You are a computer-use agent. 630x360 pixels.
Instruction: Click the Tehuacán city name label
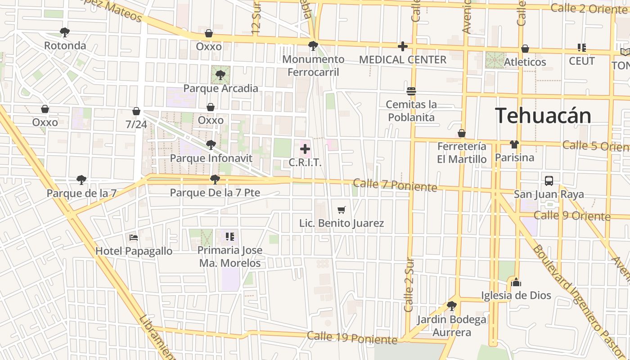pos(543,116)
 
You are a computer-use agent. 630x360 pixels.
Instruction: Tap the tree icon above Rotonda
pos(65,32)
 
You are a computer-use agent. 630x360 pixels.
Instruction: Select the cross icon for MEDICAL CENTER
pos(403,46)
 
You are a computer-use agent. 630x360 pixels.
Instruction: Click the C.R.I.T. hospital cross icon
pos(305,149)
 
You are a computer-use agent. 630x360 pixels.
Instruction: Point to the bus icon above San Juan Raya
pos(549,181)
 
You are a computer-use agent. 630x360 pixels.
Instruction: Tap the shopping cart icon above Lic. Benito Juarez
pos(342,210)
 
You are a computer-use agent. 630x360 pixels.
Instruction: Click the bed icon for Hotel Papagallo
pos(134,237)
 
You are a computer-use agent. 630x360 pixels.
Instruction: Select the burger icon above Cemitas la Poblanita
pos(411,91)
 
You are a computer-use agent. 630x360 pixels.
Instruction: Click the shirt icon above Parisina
pos(514,144)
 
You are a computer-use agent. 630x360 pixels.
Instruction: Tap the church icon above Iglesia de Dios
pos(516,282)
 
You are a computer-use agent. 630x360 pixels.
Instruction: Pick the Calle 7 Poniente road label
pos(395,185)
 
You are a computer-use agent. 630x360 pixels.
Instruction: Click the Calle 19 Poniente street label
pos(352,337)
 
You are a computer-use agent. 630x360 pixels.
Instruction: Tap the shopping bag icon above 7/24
pos(136,111)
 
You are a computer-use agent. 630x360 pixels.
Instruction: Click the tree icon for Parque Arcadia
pos(220,75)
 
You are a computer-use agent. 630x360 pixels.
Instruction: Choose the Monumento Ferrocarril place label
pos(313,66)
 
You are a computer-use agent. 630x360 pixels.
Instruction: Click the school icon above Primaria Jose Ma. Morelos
pos(230,236)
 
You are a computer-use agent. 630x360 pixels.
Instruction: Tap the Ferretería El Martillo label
pos(462,153)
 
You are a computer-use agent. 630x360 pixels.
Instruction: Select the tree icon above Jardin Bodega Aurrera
pos(452,306)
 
